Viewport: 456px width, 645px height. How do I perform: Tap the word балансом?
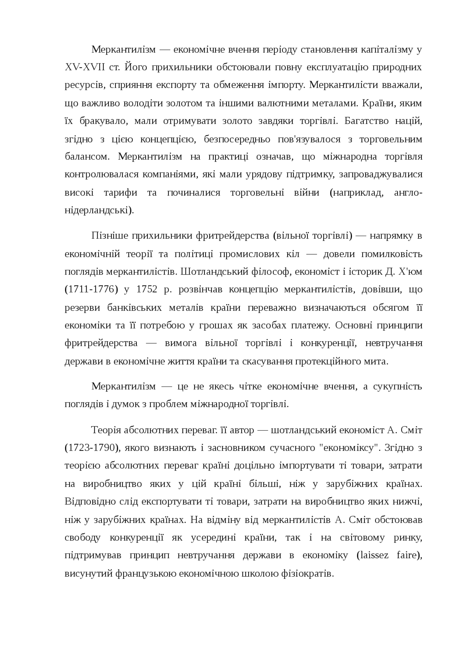click(x=88, y=157)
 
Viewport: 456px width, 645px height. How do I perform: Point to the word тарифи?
click(x=120, y=193)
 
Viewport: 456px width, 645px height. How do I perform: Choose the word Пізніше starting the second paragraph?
click(x=109, y=236)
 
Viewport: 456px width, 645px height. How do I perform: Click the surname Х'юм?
click(x=410, y=271)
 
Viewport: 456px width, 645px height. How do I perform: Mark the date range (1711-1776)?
click(x=91, y=289)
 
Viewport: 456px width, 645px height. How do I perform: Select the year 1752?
click(x=147, y=289)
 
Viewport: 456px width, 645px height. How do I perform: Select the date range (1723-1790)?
click(x=91, y=448)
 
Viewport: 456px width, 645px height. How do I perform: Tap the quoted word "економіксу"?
click(x=350, y=448)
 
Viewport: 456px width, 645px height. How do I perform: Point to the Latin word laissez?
click(x=373, y=556)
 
